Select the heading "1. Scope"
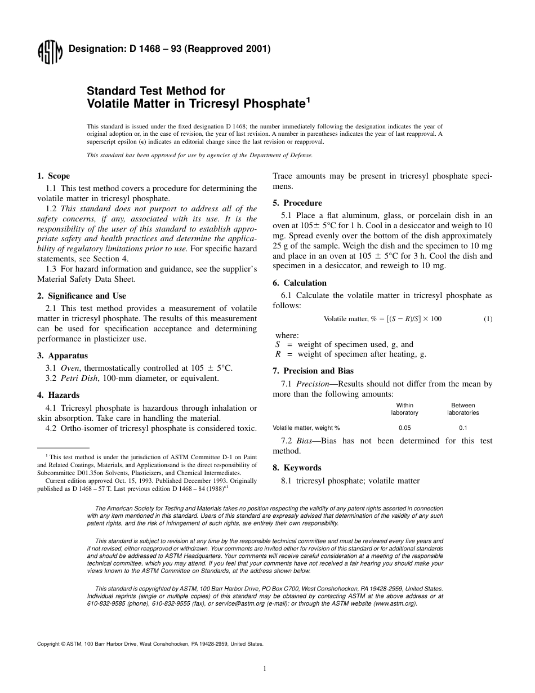coord(53,176)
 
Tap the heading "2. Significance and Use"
coord(82,296)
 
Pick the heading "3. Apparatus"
coord(63,356)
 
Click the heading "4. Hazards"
coord(58,395)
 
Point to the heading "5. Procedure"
coord(297,203)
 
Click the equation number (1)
coord(488,319)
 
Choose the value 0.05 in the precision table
coord(404,428)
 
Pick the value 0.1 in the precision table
coord(463,428)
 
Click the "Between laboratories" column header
coord(463,409)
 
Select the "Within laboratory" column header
coord(404,409)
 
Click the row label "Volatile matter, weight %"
coord(306,428)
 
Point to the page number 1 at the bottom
coord(265,669)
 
